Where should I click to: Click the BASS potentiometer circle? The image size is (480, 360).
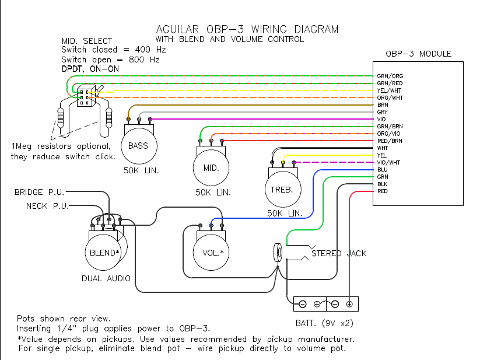[x=138, y=145]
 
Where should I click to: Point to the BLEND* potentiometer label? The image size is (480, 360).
[x=104, y=253]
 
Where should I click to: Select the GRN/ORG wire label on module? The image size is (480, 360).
[x=390, y=76]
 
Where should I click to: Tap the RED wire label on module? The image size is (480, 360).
[x=383, y=191]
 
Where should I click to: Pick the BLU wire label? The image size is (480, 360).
[x=383, y=169]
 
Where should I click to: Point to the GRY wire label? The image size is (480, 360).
[x=383, y=112]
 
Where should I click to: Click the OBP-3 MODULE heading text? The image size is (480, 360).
[x=418, y=54]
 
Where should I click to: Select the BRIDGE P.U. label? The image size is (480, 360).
[x=40, y=192]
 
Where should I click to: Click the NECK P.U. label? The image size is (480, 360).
[x=47, y=206]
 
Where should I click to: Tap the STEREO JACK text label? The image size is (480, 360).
[x=339, y=254]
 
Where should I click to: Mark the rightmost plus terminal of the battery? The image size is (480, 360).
[x=349, y=304]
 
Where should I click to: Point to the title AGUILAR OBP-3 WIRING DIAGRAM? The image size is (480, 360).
[x=247, y=29]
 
